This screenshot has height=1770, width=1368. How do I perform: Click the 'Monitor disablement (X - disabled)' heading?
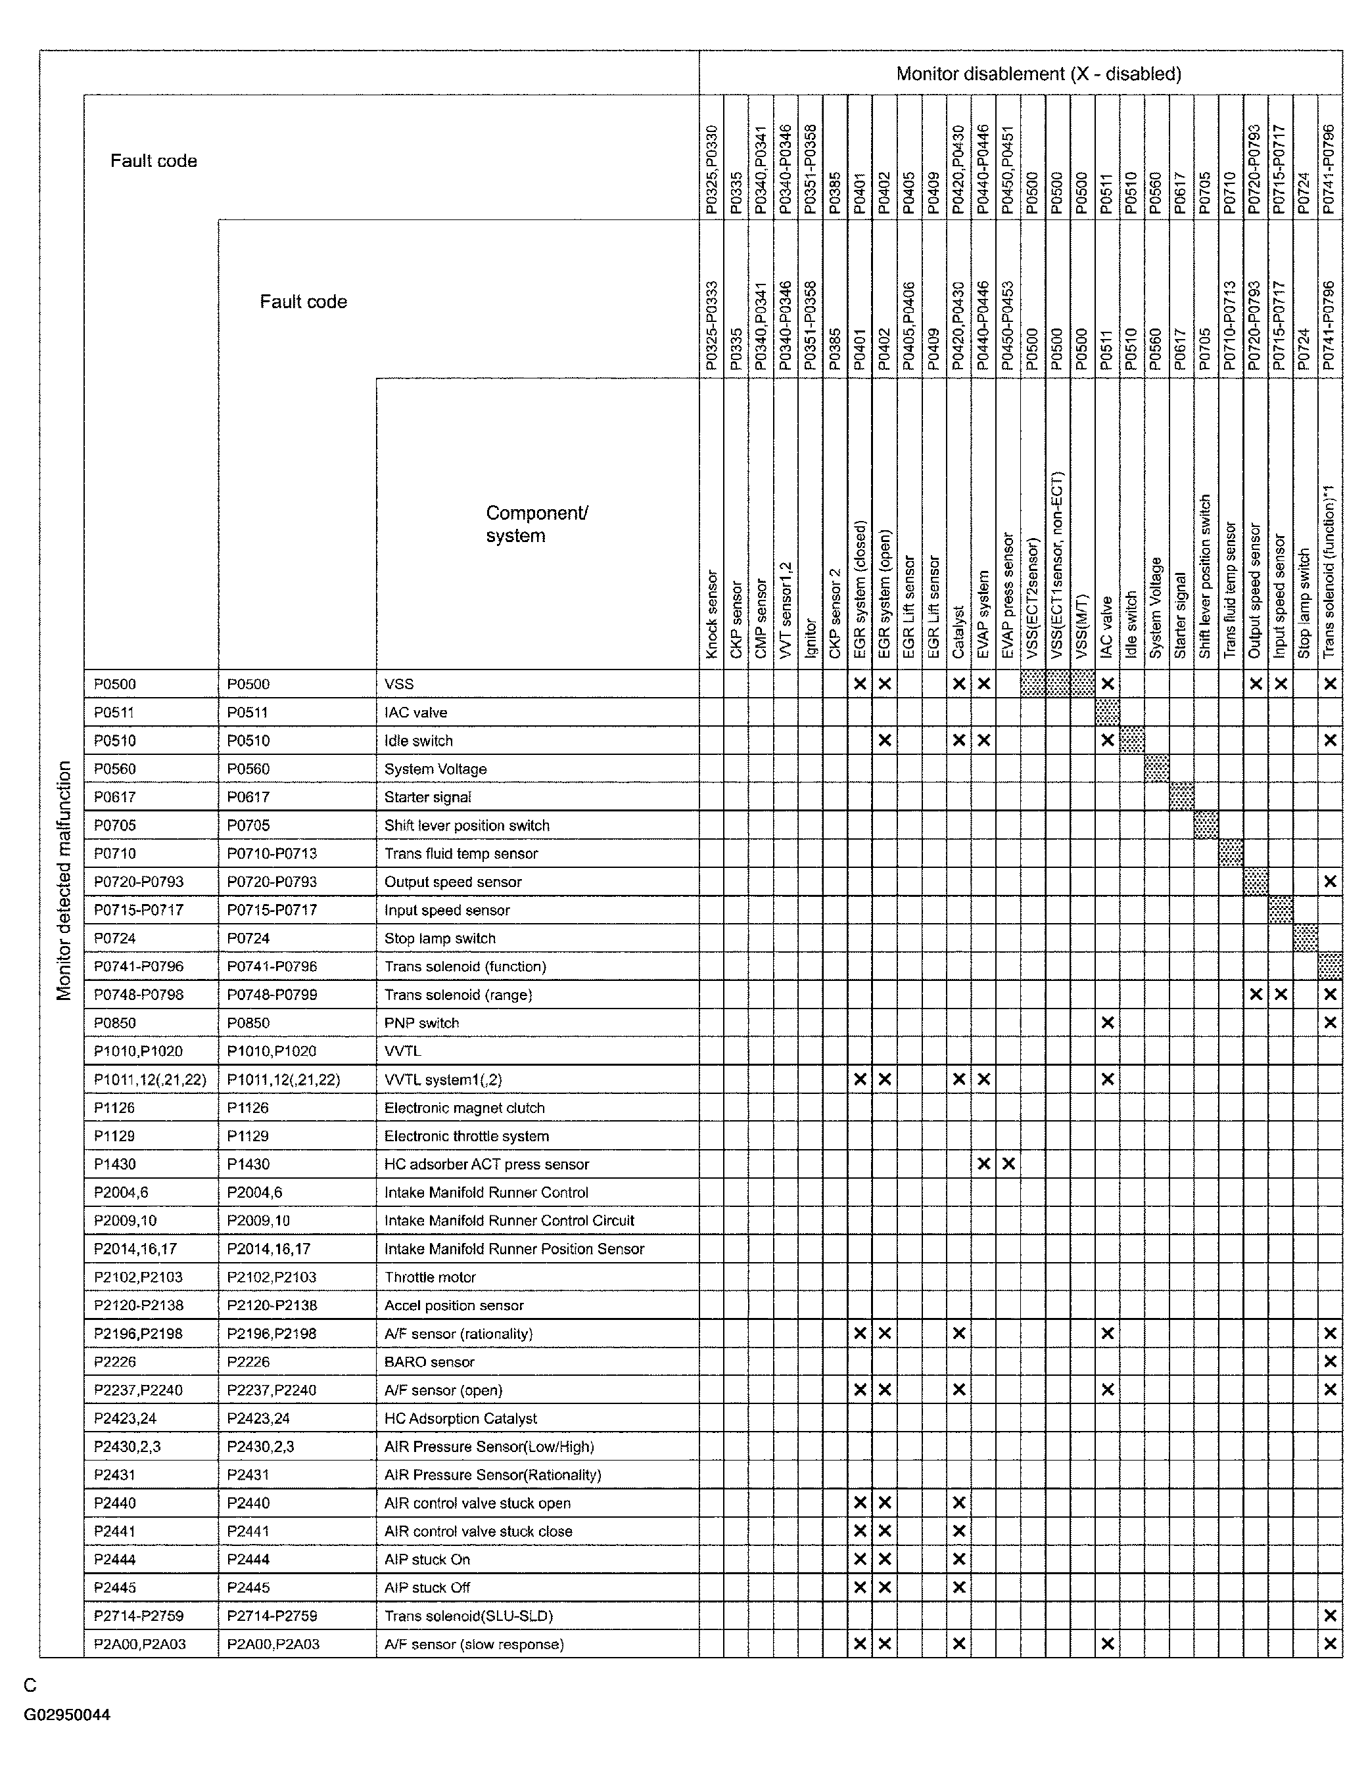point(1038,74)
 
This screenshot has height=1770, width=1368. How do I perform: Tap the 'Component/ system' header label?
point(537,524)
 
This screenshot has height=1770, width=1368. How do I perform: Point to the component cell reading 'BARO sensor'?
point(429,1361)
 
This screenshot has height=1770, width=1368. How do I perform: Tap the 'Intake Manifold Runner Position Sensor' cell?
point(514,1248)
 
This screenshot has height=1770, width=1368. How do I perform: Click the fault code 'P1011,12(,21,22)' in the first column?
point(150,1079)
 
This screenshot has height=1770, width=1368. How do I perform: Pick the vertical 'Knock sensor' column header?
point(711,614)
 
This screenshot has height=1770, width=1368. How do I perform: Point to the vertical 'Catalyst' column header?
point(958,632)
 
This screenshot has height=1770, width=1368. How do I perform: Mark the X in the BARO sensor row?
point(1330,1361)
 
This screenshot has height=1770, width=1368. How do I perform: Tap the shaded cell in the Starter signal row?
point(1181,797)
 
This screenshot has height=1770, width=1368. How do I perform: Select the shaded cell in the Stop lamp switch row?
point(1305,938)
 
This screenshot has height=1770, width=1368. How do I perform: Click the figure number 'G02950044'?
point(67,1714)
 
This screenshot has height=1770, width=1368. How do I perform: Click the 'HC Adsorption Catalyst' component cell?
point(461,1418)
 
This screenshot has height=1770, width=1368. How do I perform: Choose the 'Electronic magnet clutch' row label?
point(464,1107)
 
